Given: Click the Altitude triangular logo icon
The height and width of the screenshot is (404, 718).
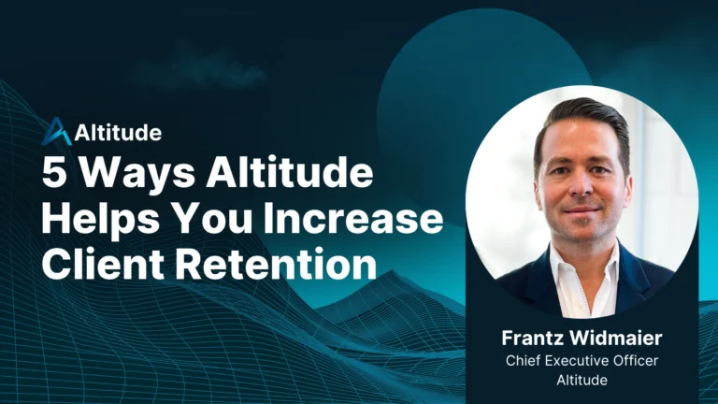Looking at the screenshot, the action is tap(56, 132).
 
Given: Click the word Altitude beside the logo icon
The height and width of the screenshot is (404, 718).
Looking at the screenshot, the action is tap(118, 133).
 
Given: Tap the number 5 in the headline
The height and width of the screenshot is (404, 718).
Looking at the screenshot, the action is tap(54, 172).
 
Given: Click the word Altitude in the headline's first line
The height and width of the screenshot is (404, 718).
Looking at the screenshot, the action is tap(290, 172).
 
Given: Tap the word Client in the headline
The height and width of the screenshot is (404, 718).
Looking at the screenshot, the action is tap(103, 264).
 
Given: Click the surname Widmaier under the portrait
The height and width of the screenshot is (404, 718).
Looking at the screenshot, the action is tap(616, 339).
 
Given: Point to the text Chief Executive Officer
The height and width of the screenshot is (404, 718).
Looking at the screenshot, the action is tap(582, 361).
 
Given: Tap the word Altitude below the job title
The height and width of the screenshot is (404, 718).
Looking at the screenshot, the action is tap(582, 380).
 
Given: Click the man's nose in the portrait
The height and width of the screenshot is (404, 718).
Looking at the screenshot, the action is tap(582, 184).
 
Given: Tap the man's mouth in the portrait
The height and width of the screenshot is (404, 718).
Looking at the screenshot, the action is tap(582, 209).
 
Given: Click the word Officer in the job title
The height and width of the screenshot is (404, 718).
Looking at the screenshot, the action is tap(636, 361).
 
